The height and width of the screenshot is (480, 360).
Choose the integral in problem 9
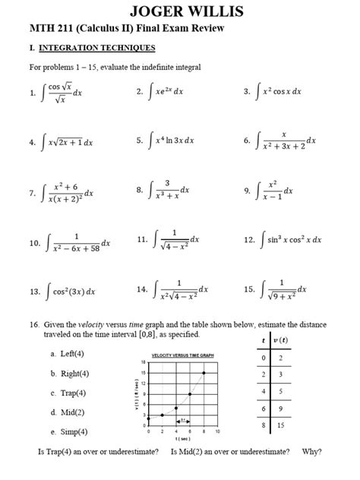point(278,191)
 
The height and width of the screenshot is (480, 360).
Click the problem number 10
point(33,242)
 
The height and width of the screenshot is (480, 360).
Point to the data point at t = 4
point(176,407)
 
